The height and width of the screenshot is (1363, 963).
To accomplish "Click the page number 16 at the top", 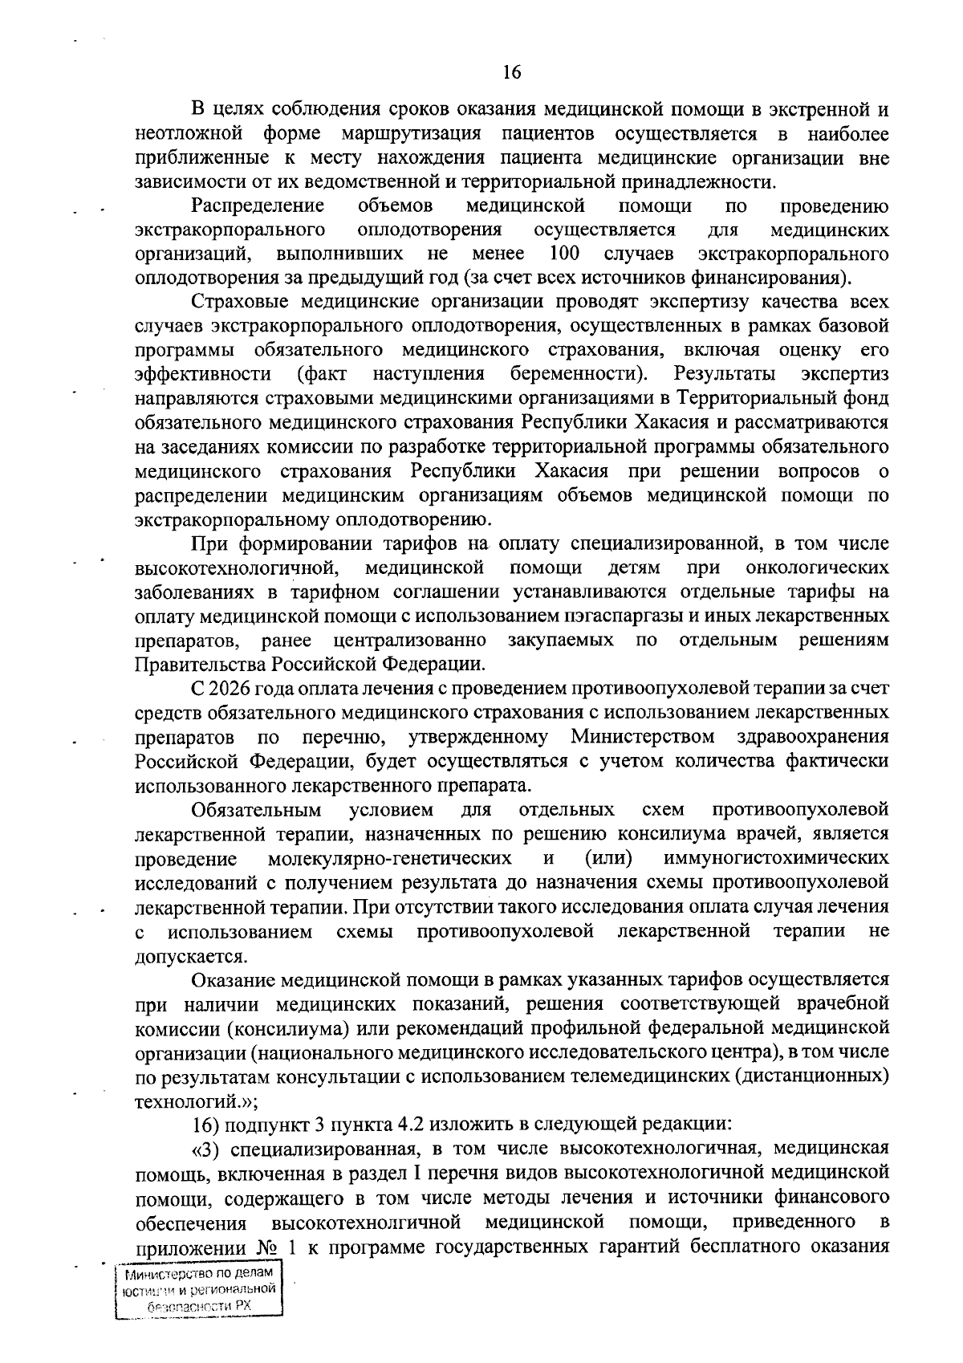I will point(512,72).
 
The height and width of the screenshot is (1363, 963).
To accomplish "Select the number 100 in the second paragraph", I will point(567,254).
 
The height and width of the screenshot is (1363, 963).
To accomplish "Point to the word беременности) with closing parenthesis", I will point(579,374).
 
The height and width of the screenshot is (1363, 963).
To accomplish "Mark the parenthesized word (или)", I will point(608,858).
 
